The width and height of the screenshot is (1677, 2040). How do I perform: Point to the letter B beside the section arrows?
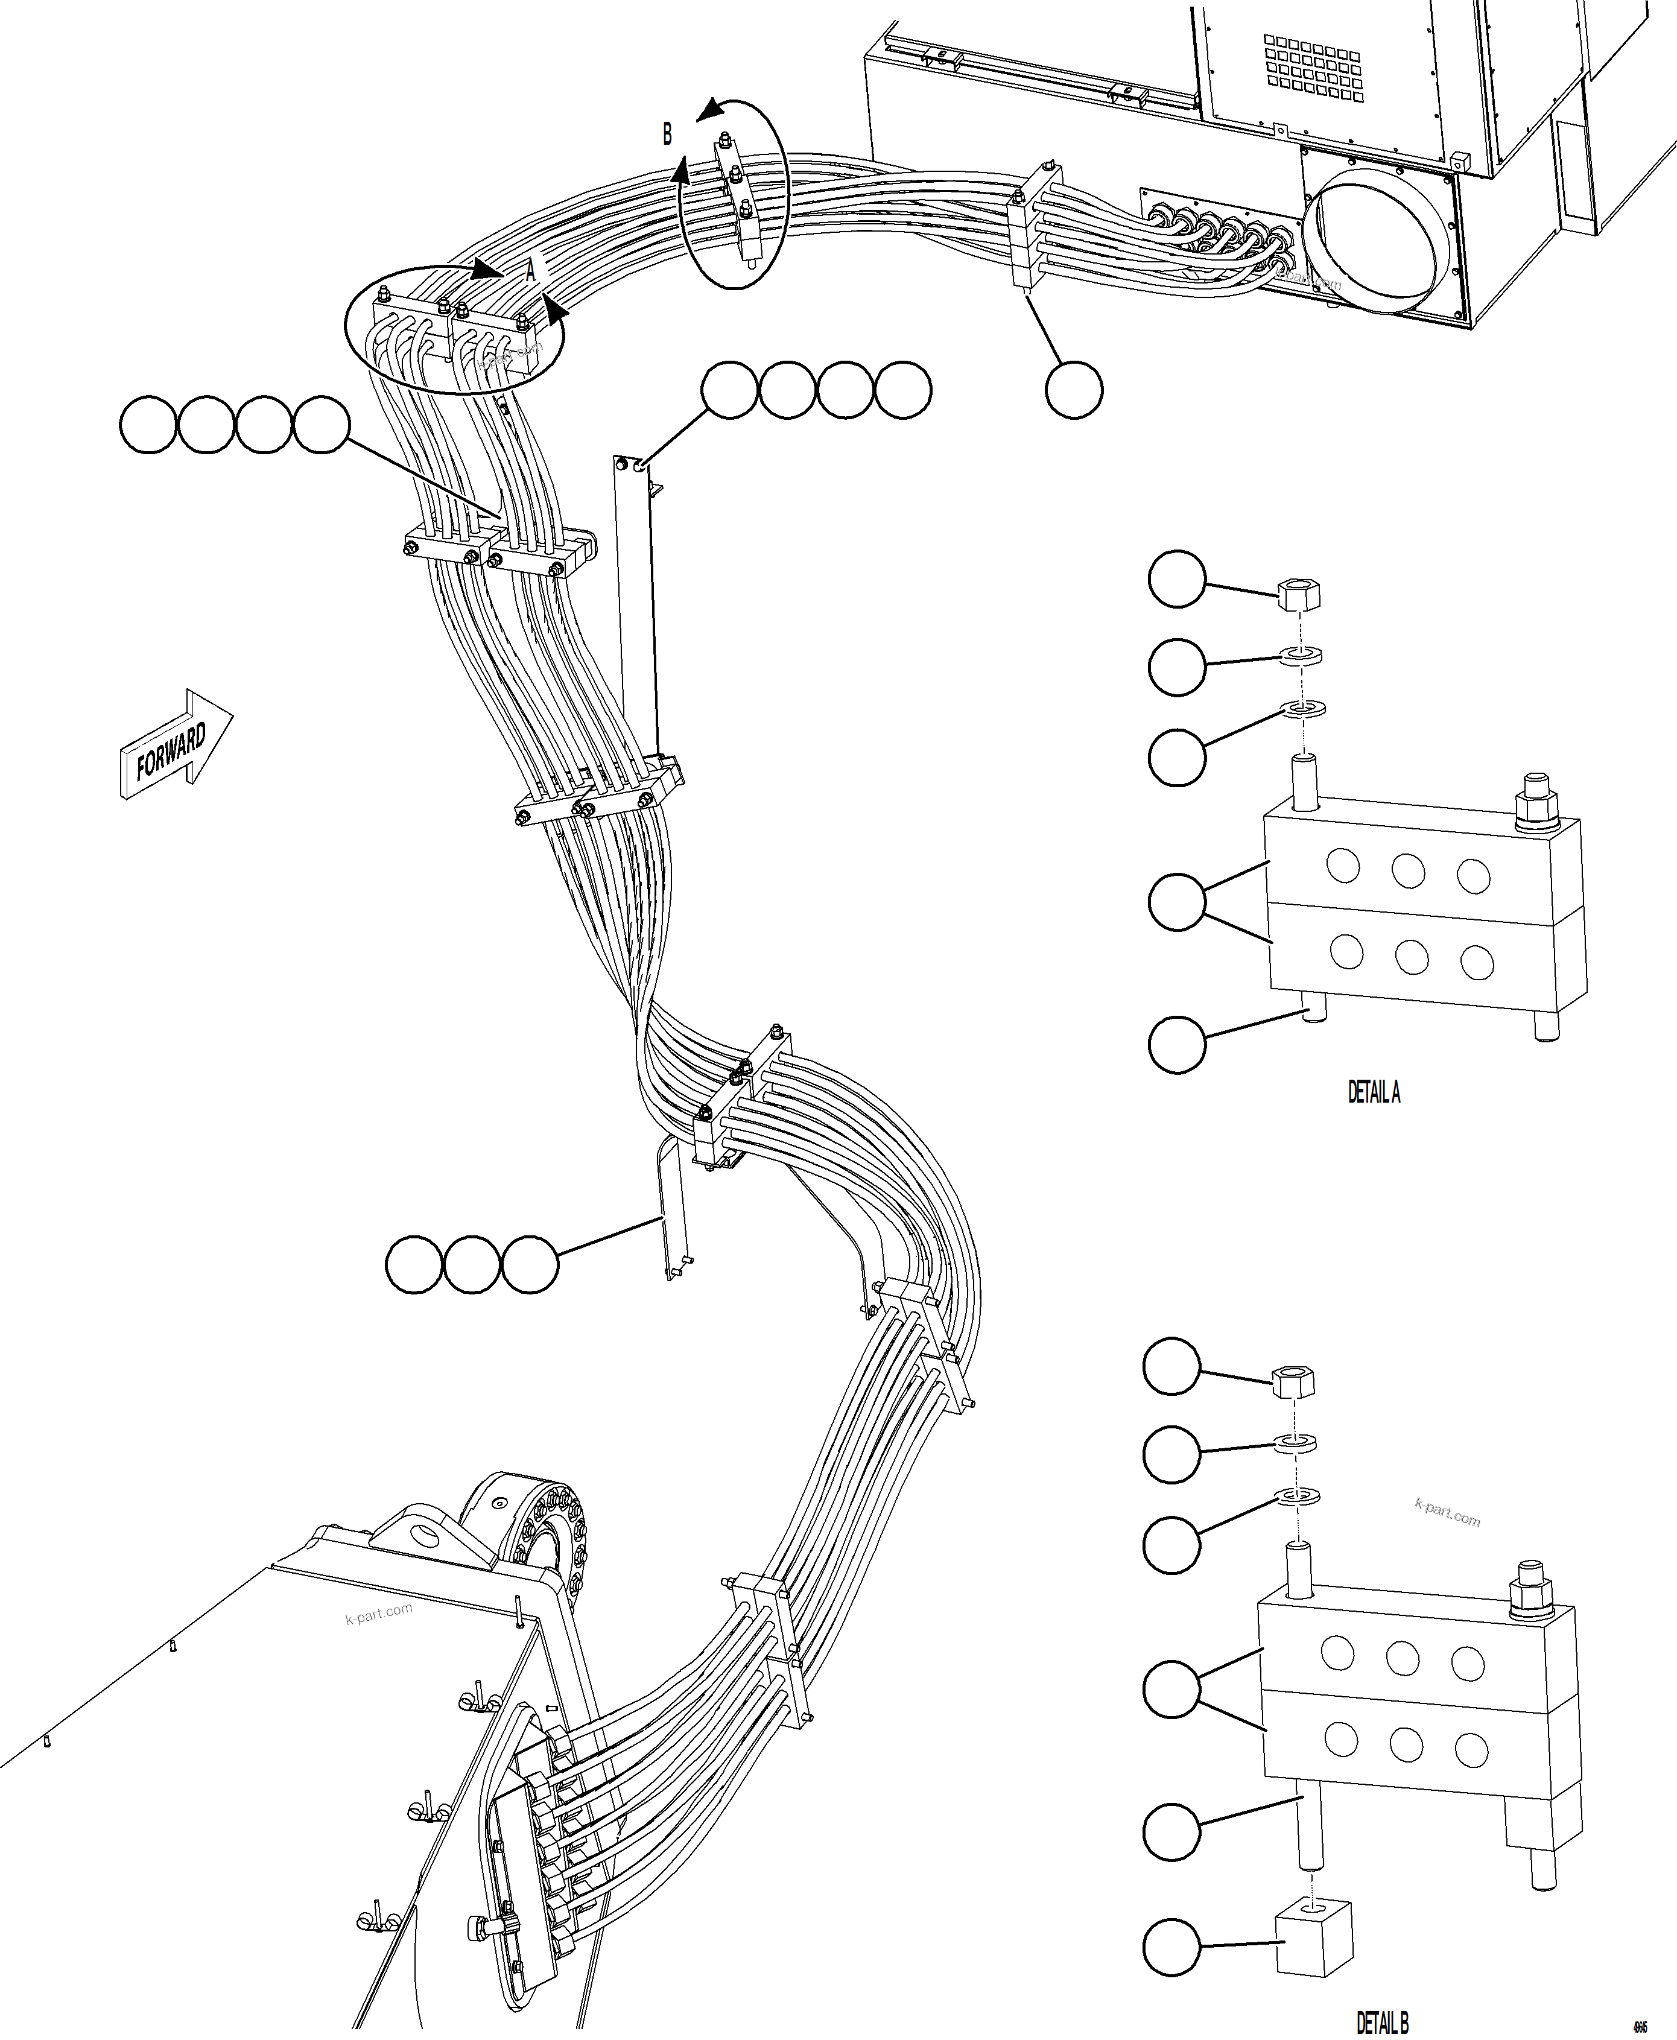pos(667,135)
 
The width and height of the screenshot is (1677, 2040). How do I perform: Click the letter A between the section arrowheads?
pos(530,273)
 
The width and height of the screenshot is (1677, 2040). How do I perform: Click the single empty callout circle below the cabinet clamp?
pos(1074,390)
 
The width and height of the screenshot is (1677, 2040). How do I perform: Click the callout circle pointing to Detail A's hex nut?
pos(1176,580)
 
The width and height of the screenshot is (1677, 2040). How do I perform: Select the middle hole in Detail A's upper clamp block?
pos(1407,870)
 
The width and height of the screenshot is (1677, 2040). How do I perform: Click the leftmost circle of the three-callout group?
pos(414,1264)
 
